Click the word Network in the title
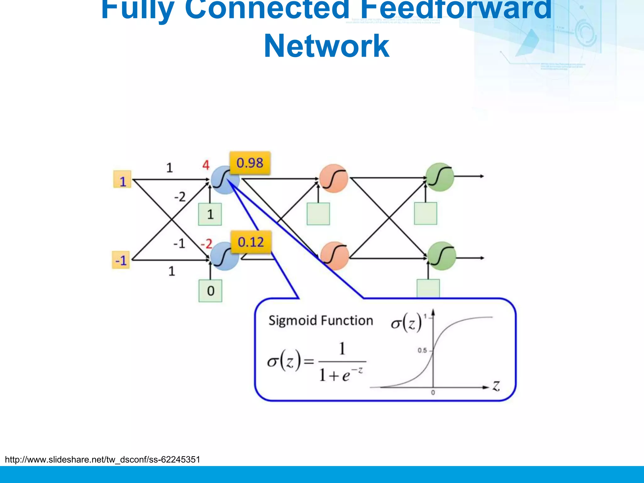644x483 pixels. [326, 47]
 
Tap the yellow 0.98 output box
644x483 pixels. [250, 163]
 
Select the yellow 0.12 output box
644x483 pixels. [251, 242]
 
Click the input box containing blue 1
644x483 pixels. [122, 180]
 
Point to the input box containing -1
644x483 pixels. [121, 260]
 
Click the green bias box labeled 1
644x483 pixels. [210, 214]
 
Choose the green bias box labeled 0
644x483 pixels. [210, 291]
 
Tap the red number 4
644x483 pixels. [206, 165]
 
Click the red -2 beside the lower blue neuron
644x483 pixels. [207, 244]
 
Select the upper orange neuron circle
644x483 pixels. [334, 178]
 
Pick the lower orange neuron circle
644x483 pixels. [335, 256]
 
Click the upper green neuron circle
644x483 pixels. [440, 177]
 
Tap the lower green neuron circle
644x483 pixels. [441, 256]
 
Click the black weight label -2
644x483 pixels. [180, 197]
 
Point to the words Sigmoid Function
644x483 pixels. [320, 320]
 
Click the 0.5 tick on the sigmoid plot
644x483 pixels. [423, 350]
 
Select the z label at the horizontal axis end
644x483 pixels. [496, 386]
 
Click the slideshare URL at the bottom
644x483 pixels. [103, 460]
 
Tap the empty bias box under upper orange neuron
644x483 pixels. [318, 214]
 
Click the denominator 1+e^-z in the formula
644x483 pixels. [341, 374]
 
